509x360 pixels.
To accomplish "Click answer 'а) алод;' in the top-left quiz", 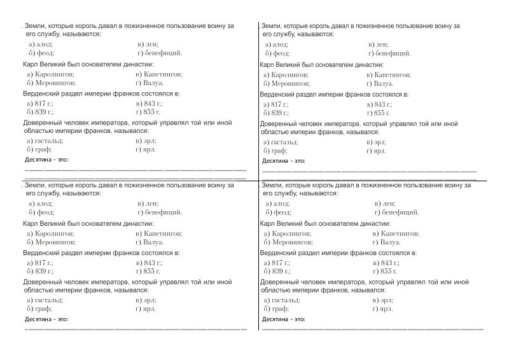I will point(40,44).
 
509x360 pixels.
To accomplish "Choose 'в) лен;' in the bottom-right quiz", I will point(385,203).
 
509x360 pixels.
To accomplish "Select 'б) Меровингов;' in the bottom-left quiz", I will point(51,242).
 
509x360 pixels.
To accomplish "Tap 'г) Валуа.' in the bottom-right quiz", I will point(386,242).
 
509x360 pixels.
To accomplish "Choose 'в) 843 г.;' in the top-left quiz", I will point(149,103).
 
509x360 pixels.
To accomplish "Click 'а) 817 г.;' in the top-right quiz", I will point(276,103).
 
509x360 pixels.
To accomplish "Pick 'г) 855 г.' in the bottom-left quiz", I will point(149,271).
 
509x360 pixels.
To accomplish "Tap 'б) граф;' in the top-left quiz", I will point(39,149).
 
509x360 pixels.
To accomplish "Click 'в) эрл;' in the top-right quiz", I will point(377,141).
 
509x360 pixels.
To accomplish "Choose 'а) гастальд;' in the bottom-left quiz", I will point(45,300).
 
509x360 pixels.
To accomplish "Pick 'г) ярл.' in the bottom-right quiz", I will point(382,308).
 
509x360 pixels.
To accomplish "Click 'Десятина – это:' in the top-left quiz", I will point(45,159).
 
